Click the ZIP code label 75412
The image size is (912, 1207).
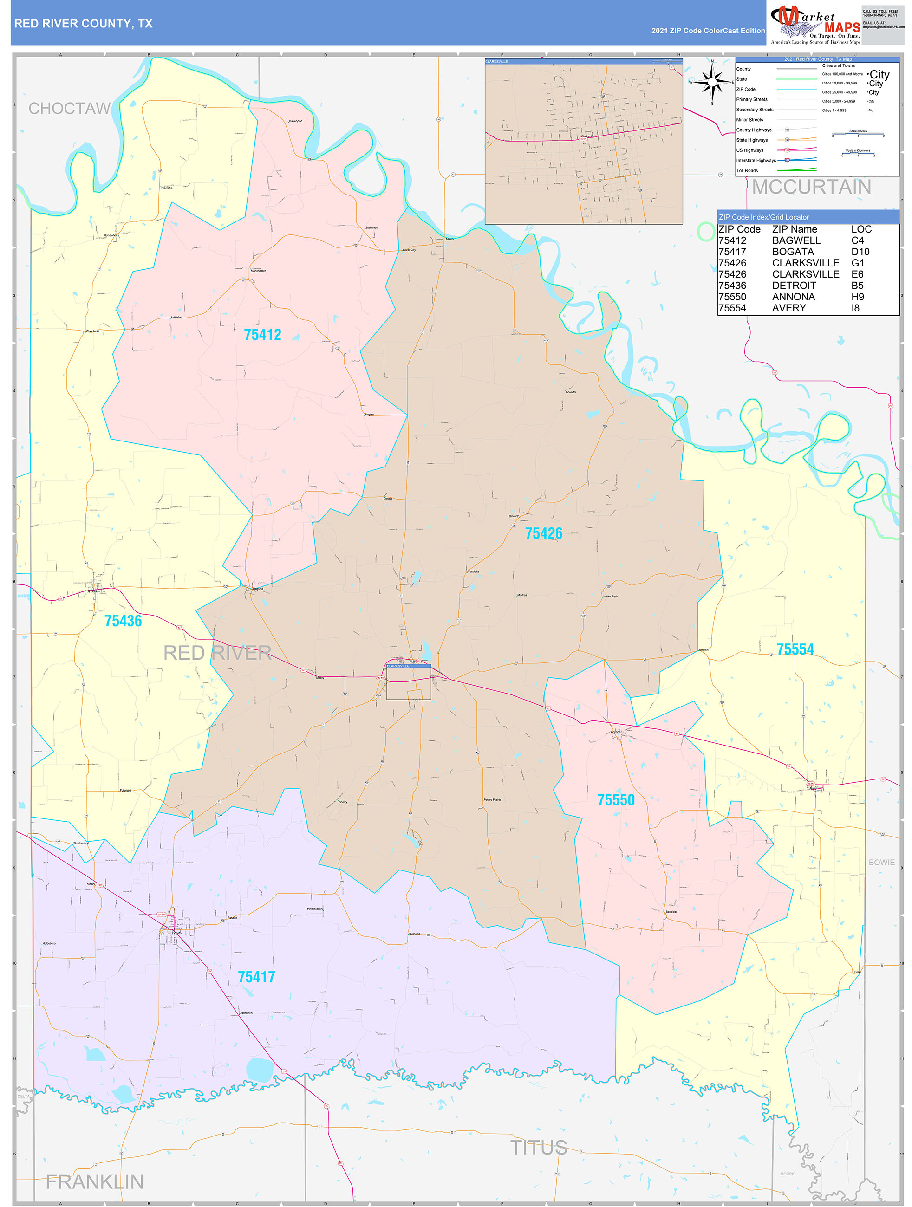[x=262, y=335]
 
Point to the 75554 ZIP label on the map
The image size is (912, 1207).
[x=795, y=649]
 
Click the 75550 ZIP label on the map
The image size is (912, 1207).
[x=616, y=800]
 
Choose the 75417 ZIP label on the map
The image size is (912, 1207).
[x=256, y=977]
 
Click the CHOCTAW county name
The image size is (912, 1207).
[x=69, y=109]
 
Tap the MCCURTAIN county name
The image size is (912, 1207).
[x=811, y=187]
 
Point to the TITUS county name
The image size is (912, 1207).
[x=538, y=1148]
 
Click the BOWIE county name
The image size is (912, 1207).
[x=881, y=862]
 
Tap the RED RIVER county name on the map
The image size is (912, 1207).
[x=217, y=653]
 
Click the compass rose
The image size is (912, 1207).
[x=712, y=82]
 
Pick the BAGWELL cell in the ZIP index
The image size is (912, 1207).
[x=796, y=240]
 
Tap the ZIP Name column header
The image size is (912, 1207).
[x=794, y=229]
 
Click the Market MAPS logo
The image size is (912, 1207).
[x=815, y=25]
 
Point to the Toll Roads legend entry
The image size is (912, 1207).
[x=747, y=171]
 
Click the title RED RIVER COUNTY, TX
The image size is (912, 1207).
[x=84, y=24]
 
